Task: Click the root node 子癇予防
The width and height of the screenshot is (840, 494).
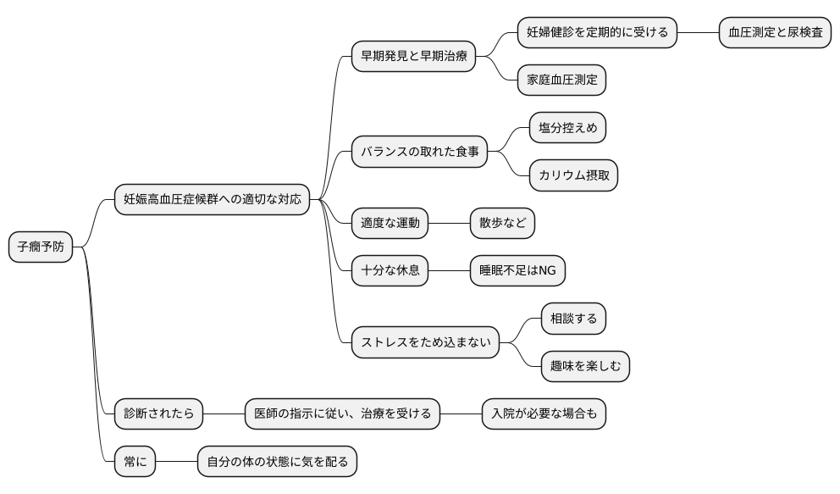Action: tap(41, 247)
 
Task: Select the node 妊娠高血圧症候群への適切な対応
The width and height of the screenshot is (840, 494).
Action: tap(212, 200)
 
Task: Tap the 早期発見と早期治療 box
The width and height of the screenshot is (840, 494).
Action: tap(413, 57)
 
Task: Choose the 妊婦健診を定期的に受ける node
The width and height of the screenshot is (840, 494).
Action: tap(597, 33)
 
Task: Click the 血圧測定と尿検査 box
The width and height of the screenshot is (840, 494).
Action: tap(775, 33)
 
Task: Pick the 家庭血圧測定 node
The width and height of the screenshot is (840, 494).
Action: tap(561, 80)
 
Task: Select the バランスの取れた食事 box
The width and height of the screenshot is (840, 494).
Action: tap(419, 153)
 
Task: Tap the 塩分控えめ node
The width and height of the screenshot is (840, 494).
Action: tap(567, 129)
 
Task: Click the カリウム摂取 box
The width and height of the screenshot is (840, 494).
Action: tap(573, 176)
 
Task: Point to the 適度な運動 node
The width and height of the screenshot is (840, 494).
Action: tap(390, 224)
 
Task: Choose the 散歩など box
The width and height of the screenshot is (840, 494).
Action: tap(503, 224)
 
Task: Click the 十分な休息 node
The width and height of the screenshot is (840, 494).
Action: tap(390, 271)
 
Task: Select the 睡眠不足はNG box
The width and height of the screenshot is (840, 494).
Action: tap(517, 271)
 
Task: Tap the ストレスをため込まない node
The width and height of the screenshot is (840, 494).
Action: tap(425, 342)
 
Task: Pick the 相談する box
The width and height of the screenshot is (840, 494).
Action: tap(573, 319)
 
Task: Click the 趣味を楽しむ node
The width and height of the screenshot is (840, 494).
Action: tap(585, 366)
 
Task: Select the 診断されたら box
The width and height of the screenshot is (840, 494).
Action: tap(158, 414)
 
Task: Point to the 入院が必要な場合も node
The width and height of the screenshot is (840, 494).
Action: tap(544, 414)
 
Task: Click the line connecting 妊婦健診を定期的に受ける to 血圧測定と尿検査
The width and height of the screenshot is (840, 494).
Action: tap(698, 33)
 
